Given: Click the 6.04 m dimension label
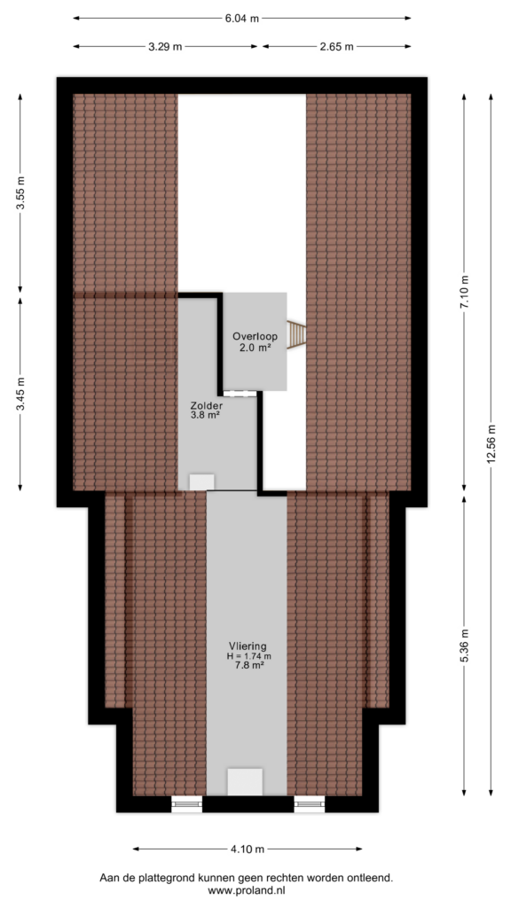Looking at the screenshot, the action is point(241,18).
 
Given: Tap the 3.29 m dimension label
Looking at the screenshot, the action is point(164,47).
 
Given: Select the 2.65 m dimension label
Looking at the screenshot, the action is point(336,47).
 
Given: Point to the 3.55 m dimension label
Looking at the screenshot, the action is point(20,192).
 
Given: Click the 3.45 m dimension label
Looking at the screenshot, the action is point(20,394).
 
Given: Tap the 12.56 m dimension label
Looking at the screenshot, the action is point(491,445).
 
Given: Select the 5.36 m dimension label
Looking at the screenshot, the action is point(464,646).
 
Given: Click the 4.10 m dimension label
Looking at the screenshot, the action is point(248,849).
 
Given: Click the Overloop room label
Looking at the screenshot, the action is point(255,336).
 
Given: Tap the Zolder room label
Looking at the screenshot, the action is point(206,405).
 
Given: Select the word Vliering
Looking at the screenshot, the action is point(248,646).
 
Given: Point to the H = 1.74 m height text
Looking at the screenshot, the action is point(249,656).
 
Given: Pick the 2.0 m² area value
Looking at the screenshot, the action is point(255,347).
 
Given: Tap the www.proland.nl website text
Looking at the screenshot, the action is point(248,891).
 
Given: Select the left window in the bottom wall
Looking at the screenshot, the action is point(186,803).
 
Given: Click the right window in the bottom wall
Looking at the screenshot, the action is point(310,803).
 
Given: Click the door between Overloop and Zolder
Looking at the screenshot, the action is point(240,394).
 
